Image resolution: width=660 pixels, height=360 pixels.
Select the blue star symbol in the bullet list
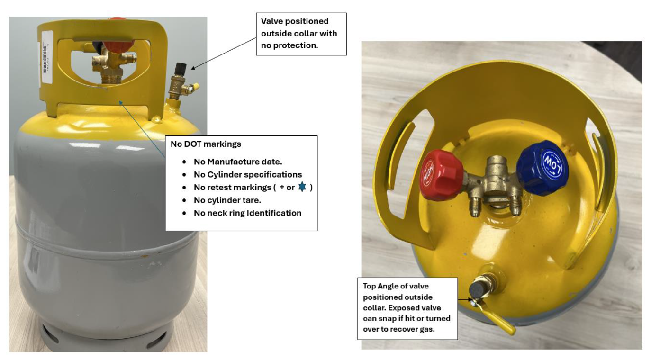[301, 187]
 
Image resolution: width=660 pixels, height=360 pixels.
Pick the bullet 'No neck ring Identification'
[247, 213]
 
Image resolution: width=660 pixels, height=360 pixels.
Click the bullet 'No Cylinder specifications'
[247, 174]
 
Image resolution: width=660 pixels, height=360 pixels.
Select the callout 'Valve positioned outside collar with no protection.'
[301, 34]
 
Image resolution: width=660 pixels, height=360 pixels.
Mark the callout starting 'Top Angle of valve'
[407, 308]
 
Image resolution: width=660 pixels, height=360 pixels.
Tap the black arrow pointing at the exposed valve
[223, 53]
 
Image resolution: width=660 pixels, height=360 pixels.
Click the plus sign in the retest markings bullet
[282, 187]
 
